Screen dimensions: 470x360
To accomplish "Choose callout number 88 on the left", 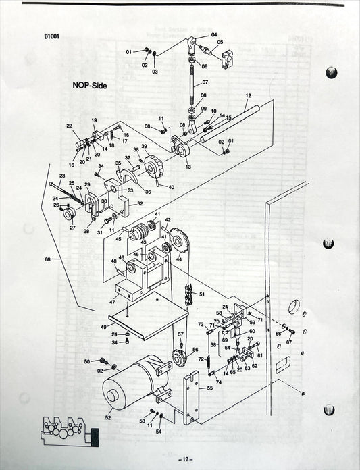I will pos(47,258).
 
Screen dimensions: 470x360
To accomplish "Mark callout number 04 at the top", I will pos(214,34).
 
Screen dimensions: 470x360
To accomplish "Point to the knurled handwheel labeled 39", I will pos(155,165).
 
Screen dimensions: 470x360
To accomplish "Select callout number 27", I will pos(72,228).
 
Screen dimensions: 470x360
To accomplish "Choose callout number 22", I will pos(69,126).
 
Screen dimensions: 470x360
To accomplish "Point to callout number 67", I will pos(289,342).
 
